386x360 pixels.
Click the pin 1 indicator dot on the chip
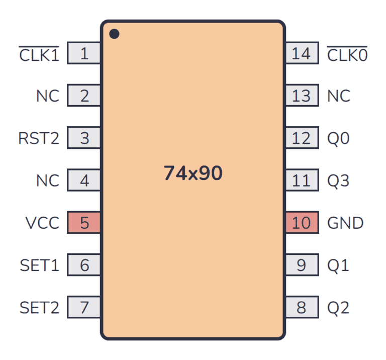coord(115,34)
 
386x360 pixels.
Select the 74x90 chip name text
coord(193,173)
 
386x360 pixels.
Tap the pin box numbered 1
coord(84,53)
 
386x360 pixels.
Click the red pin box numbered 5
coord(84,222)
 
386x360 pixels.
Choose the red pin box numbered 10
coord(302,222)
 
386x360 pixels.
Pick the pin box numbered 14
coord(302,53)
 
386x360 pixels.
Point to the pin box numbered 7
coord(84,307)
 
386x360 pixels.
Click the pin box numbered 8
coord(302,307)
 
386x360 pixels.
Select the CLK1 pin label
coord(39,54)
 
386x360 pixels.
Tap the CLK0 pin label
coord(347,54)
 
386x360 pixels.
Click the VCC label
coord(42,222)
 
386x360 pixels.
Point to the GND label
coord(345,222)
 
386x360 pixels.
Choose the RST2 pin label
coord(39,138)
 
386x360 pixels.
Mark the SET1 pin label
coord(39,264)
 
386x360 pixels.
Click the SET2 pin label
coord(39,307)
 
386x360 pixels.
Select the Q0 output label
coord(338,138)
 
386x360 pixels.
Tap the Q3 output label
coord(338,180)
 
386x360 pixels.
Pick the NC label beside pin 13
coord(339,96)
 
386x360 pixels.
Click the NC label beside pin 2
coord(48,96)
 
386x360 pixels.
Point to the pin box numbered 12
coord(302,138)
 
